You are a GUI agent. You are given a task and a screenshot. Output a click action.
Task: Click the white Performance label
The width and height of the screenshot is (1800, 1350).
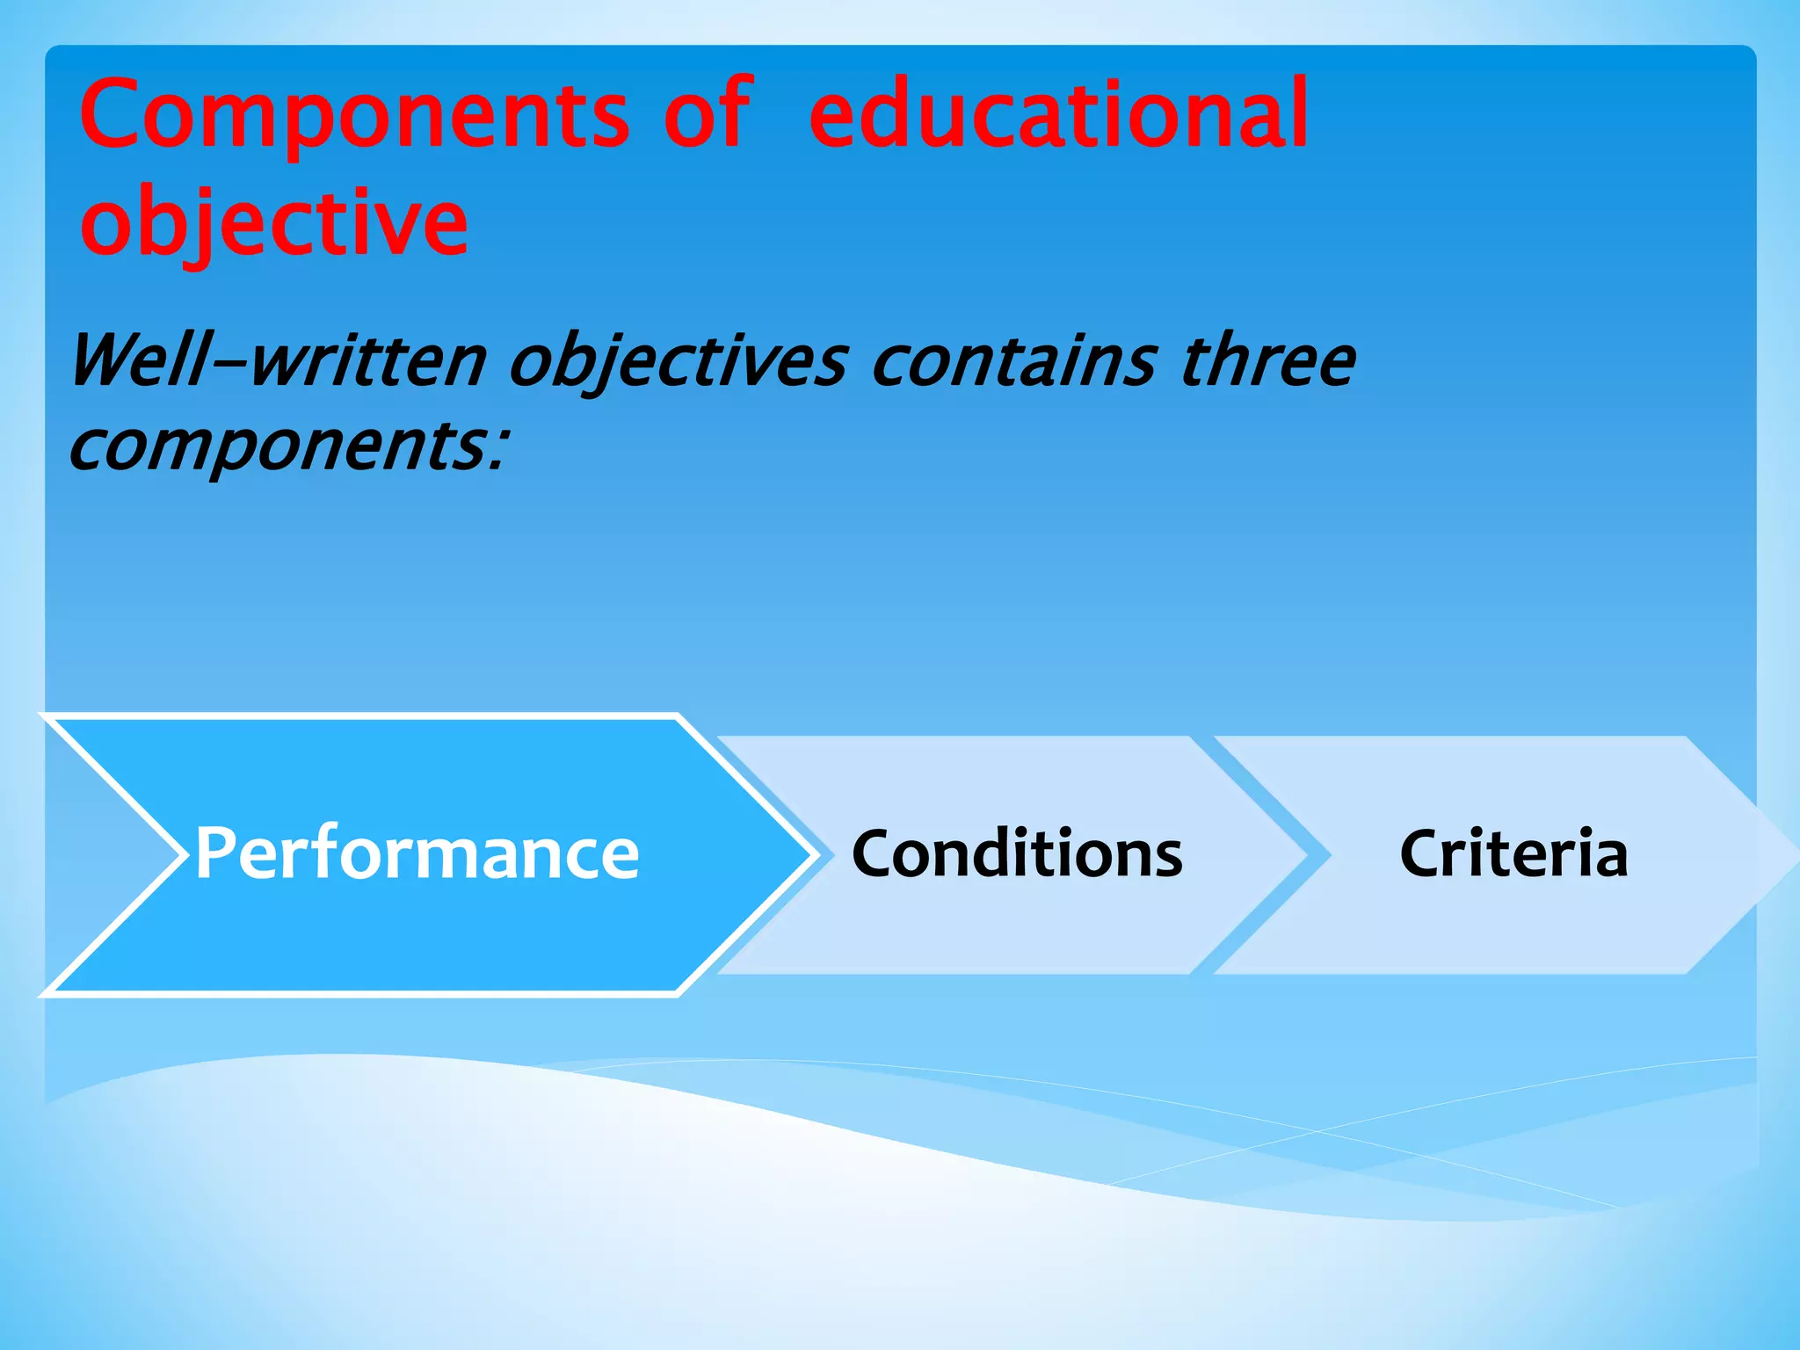pos(417,853)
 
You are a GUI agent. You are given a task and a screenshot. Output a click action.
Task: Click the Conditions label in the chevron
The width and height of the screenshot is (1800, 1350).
pos(1017,854)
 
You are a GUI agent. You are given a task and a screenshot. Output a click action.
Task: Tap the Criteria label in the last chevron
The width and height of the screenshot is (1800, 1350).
pos(1513,854)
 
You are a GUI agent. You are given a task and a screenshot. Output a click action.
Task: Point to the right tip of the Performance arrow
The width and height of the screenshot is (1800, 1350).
pos(812,854)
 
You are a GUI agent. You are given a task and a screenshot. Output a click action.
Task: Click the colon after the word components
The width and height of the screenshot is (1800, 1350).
pos(498,448)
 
